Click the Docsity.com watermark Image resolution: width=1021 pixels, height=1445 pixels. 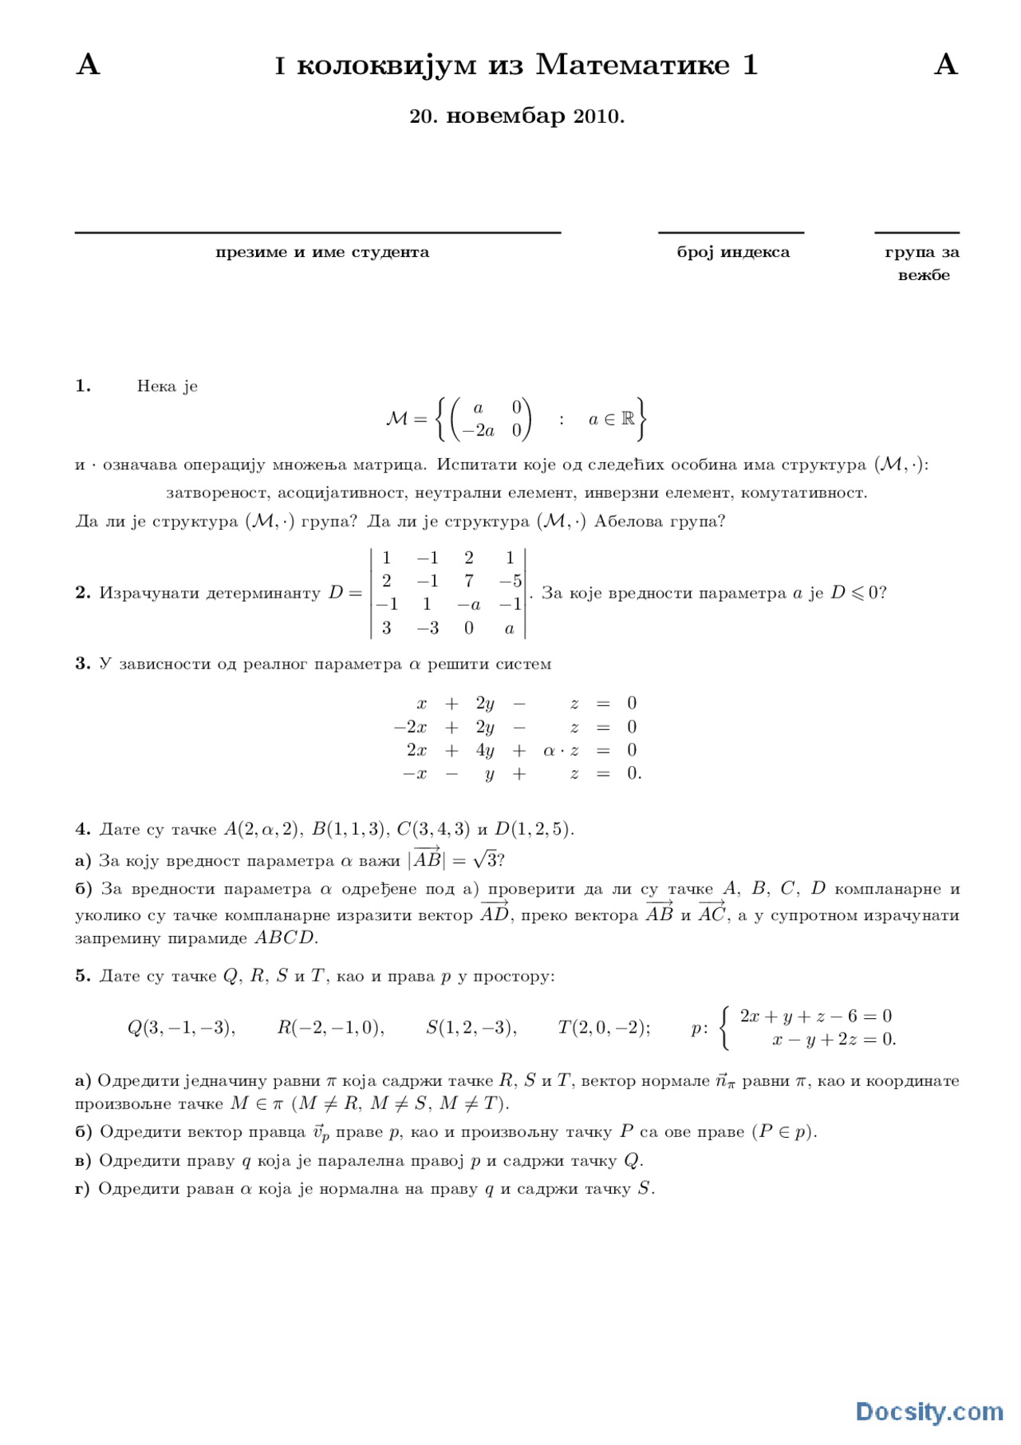click(x=928, y=1411)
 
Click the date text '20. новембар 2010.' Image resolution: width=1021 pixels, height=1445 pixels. click(x=516, y=116)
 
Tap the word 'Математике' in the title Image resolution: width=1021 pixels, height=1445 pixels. click(x=633, y=65)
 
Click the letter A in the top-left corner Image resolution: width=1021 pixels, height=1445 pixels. click(x=88, y=65)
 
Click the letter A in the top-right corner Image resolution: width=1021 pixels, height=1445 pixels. click(x=945, y=65)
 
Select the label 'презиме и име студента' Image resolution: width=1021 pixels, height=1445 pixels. click(x=322, y=252)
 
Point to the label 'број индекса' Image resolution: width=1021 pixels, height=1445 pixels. click(x=732, y=252)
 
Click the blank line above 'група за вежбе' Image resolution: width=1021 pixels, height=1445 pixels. click(x=917, y=233)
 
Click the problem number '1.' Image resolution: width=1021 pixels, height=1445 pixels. click(x=83, y=386)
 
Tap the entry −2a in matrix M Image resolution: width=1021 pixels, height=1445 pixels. click(x=479, y=431)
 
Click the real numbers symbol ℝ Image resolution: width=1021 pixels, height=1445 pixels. click(x=628, y=418)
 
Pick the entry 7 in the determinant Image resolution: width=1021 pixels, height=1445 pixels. click(x=469, y=581)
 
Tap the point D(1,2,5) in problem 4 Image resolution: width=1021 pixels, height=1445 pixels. click(x=533, y=829)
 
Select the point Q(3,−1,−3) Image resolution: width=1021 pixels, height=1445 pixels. click(x=181, y=1028)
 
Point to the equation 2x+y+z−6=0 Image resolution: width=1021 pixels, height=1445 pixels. click(x=815, y=1016)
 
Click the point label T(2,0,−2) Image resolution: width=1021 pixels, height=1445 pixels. click(x=603, y=1028)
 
